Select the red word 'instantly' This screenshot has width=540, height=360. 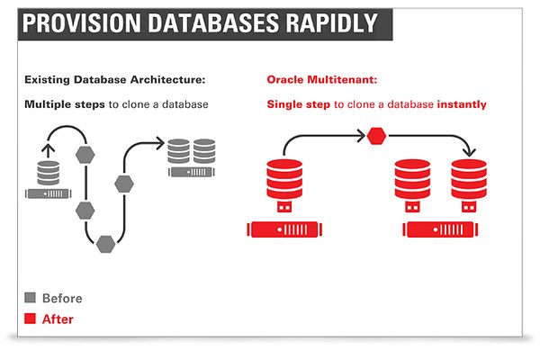click(462, 104)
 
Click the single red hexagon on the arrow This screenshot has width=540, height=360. click(376, 137)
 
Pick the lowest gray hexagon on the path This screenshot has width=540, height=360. click(105, 243)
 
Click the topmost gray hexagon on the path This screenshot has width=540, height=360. click(85, 154)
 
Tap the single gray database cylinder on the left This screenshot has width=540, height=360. click(47, 173)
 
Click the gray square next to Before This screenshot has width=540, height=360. click(31, 298)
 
